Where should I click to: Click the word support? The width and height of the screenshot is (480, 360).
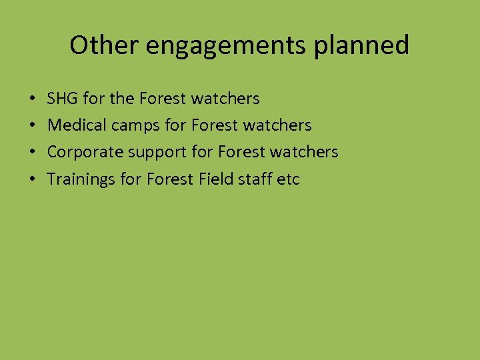point(157,152)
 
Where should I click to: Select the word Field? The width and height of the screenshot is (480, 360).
point(215,179)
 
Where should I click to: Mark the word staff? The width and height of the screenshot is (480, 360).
point(257,179)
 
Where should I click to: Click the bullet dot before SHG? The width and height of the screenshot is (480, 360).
point(33,99)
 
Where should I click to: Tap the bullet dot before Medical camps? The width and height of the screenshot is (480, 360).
point(33,126)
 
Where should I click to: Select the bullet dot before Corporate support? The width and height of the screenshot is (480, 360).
point(33,153)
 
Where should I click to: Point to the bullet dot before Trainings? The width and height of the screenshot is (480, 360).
point(33,179)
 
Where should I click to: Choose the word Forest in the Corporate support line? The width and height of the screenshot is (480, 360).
point(241,152)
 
